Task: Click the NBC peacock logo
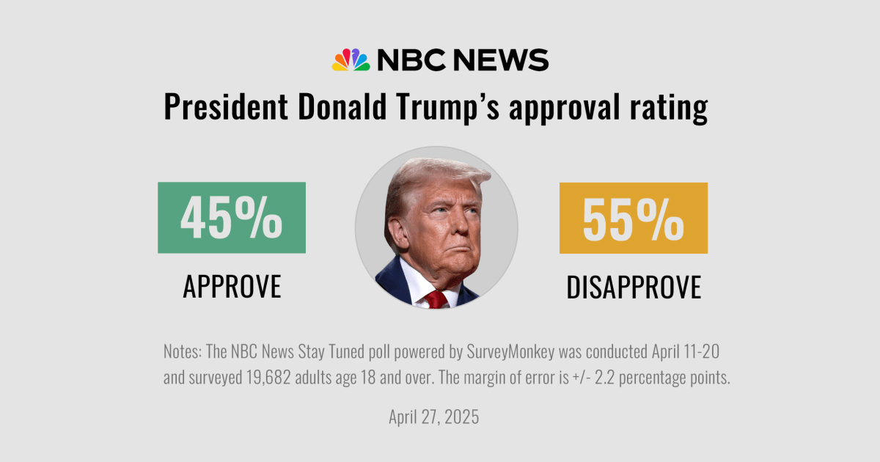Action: [x=351, y=60]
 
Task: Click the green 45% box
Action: [x=232, y=218]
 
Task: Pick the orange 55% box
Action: [x=634, y=218]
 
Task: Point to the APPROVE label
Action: [x=232, y=287]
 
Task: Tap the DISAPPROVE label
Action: [x=634, y=287]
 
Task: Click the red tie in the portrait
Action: [x=437, y=298]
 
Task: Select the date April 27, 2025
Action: [x=433, y=417]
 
